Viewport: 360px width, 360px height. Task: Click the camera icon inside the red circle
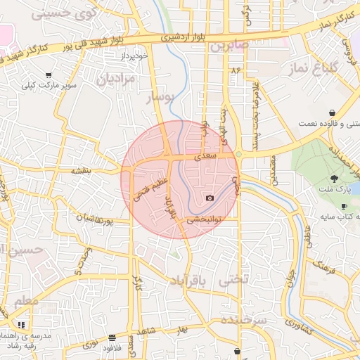(x=210, y=198)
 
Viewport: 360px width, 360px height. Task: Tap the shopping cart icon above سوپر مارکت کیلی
(x=49, y=75)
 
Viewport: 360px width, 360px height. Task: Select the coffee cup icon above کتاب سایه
(x=343, y=206)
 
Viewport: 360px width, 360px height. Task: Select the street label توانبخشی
(x=205, y=220)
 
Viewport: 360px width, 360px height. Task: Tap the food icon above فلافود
(x=111, y=337)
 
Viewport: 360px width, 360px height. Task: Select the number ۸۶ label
(x=234, y=71)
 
